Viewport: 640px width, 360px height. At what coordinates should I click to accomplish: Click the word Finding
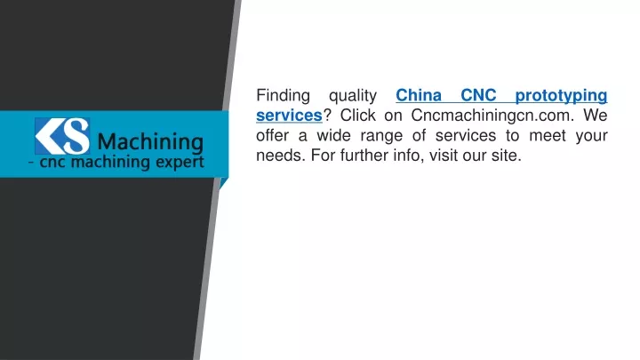283,96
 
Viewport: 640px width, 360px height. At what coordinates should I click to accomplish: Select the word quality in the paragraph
353,96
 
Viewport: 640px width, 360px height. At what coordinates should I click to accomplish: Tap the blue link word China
419,95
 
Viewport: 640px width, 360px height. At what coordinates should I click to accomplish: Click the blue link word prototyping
561,96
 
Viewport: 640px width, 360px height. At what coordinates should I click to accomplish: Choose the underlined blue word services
289,116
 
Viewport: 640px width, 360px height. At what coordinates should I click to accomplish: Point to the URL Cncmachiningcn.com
492,116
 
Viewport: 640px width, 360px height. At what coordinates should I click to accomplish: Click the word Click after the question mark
357,116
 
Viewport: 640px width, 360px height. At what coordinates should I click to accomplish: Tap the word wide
333,135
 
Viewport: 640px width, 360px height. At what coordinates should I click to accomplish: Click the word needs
281,156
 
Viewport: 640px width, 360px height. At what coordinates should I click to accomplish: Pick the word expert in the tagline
182,162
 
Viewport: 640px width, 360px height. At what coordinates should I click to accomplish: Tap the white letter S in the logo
76,136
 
